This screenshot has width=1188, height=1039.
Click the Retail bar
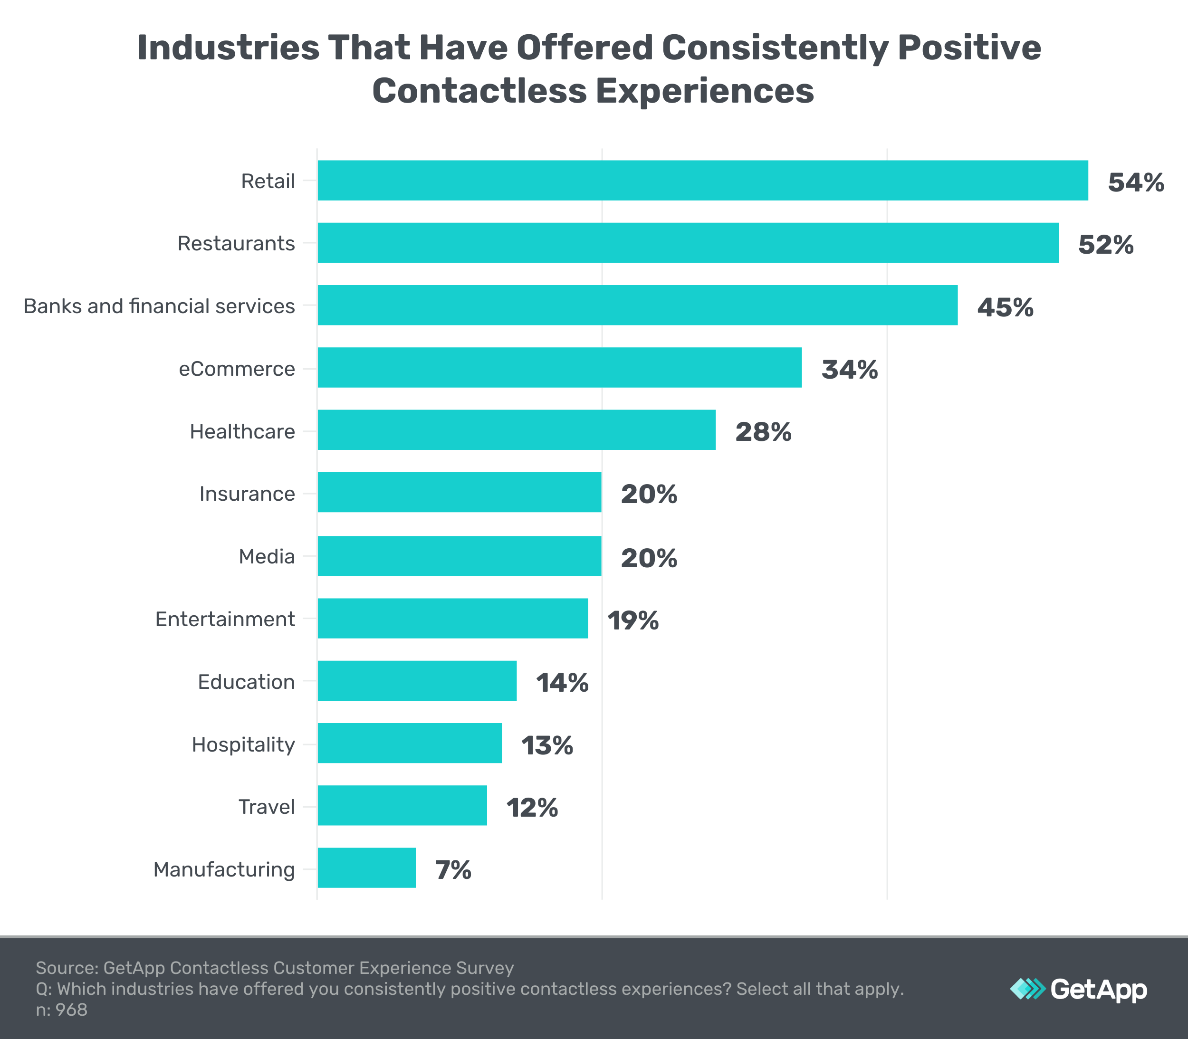[x=703, y=181]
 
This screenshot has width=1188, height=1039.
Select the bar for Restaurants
[x=688, y=243]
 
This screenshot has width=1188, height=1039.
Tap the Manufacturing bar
[x=366, y=868]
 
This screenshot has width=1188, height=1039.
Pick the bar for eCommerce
[x=559, y=368]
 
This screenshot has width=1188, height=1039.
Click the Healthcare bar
[x=516, y=429]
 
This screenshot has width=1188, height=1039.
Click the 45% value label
[x=1005, y=307]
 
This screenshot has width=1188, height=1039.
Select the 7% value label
[x=453, y=870]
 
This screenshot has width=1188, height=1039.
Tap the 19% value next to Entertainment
[x=632, y=620]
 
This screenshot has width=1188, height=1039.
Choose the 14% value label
[x=561, y=683]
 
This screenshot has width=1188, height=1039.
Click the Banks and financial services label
[x=159, y=305]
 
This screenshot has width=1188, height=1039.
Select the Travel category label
[x=267, y=807]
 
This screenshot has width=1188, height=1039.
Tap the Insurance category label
[x=247, y=494]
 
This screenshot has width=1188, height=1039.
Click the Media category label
[x=267, y=557]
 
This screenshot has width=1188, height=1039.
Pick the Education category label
[x=246, y=682]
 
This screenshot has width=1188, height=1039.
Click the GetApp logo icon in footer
[x=1027, y=989]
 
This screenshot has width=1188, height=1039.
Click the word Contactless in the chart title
[x=479, y=92]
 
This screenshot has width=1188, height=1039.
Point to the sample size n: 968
[x=61, y=1010]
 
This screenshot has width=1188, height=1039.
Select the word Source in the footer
[x=65, y=968]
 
